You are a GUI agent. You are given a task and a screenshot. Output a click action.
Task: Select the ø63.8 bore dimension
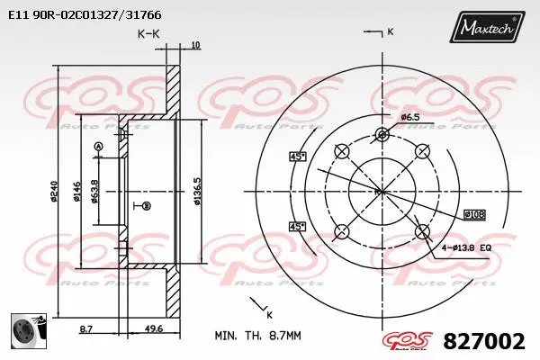(95, 191)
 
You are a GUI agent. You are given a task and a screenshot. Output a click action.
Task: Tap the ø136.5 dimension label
(197, 191)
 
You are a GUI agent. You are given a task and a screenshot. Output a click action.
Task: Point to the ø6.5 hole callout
(410, 117)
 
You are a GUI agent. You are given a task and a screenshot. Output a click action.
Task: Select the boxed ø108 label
(474, 213)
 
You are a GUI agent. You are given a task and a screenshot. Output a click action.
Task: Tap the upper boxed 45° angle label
(298, 156)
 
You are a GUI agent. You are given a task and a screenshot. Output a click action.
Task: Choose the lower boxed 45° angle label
(298, 226)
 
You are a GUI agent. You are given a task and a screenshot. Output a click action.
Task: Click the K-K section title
(149, 33)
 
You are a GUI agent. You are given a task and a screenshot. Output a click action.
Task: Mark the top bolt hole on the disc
(382, 135)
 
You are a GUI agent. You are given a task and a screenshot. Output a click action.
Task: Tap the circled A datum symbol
(99, 146)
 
